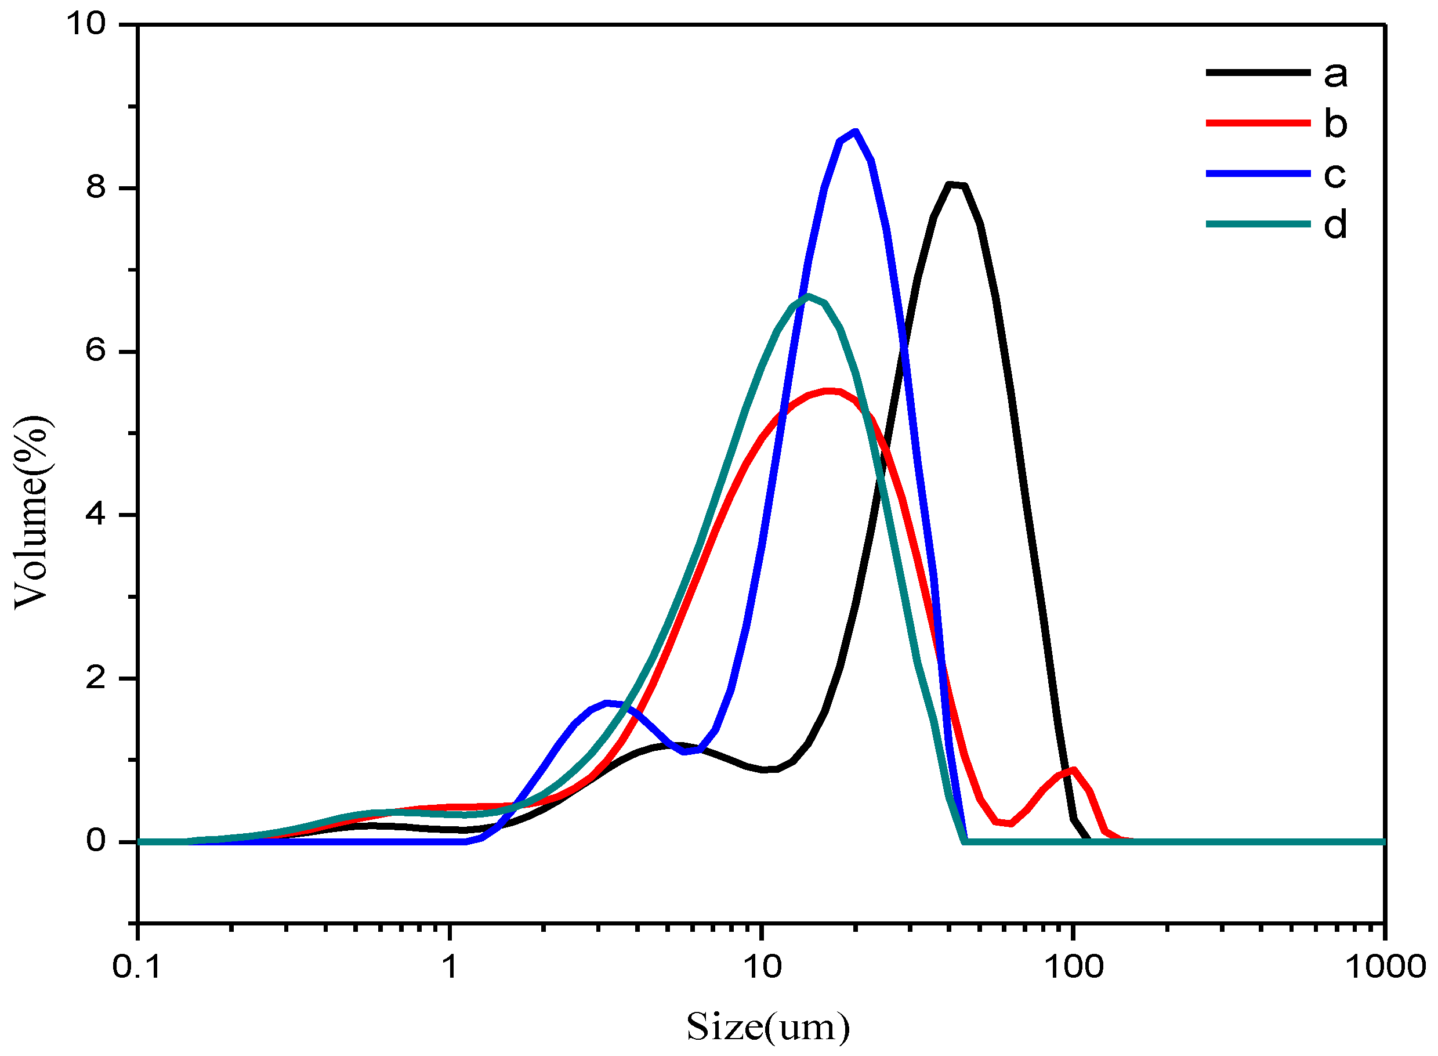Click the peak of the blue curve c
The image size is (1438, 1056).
click(855, 132)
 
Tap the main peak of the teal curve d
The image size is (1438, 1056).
click(809, 296)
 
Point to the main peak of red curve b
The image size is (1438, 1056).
click(829, 390)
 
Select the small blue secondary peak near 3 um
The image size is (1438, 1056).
click(607, 703)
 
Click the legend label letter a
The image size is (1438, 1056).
click(1335, 74)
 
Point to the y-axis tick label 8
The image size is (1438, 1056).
click(96, 188)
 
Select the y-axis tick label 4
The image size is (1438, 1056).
click(96, 515)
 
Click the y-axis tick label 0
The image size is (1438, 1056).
click(96, 841)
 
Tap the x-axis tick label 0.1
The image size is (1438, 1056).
click(137, 967)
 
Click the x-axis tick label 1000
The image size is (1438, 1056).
click(1384, 967)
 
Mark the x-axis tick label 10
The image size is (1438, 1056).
click(762, 967)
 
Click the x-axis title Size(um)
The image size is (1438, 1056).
click(768, 1027)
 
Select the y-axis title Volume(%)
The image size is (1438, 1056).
click(32, 512)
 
